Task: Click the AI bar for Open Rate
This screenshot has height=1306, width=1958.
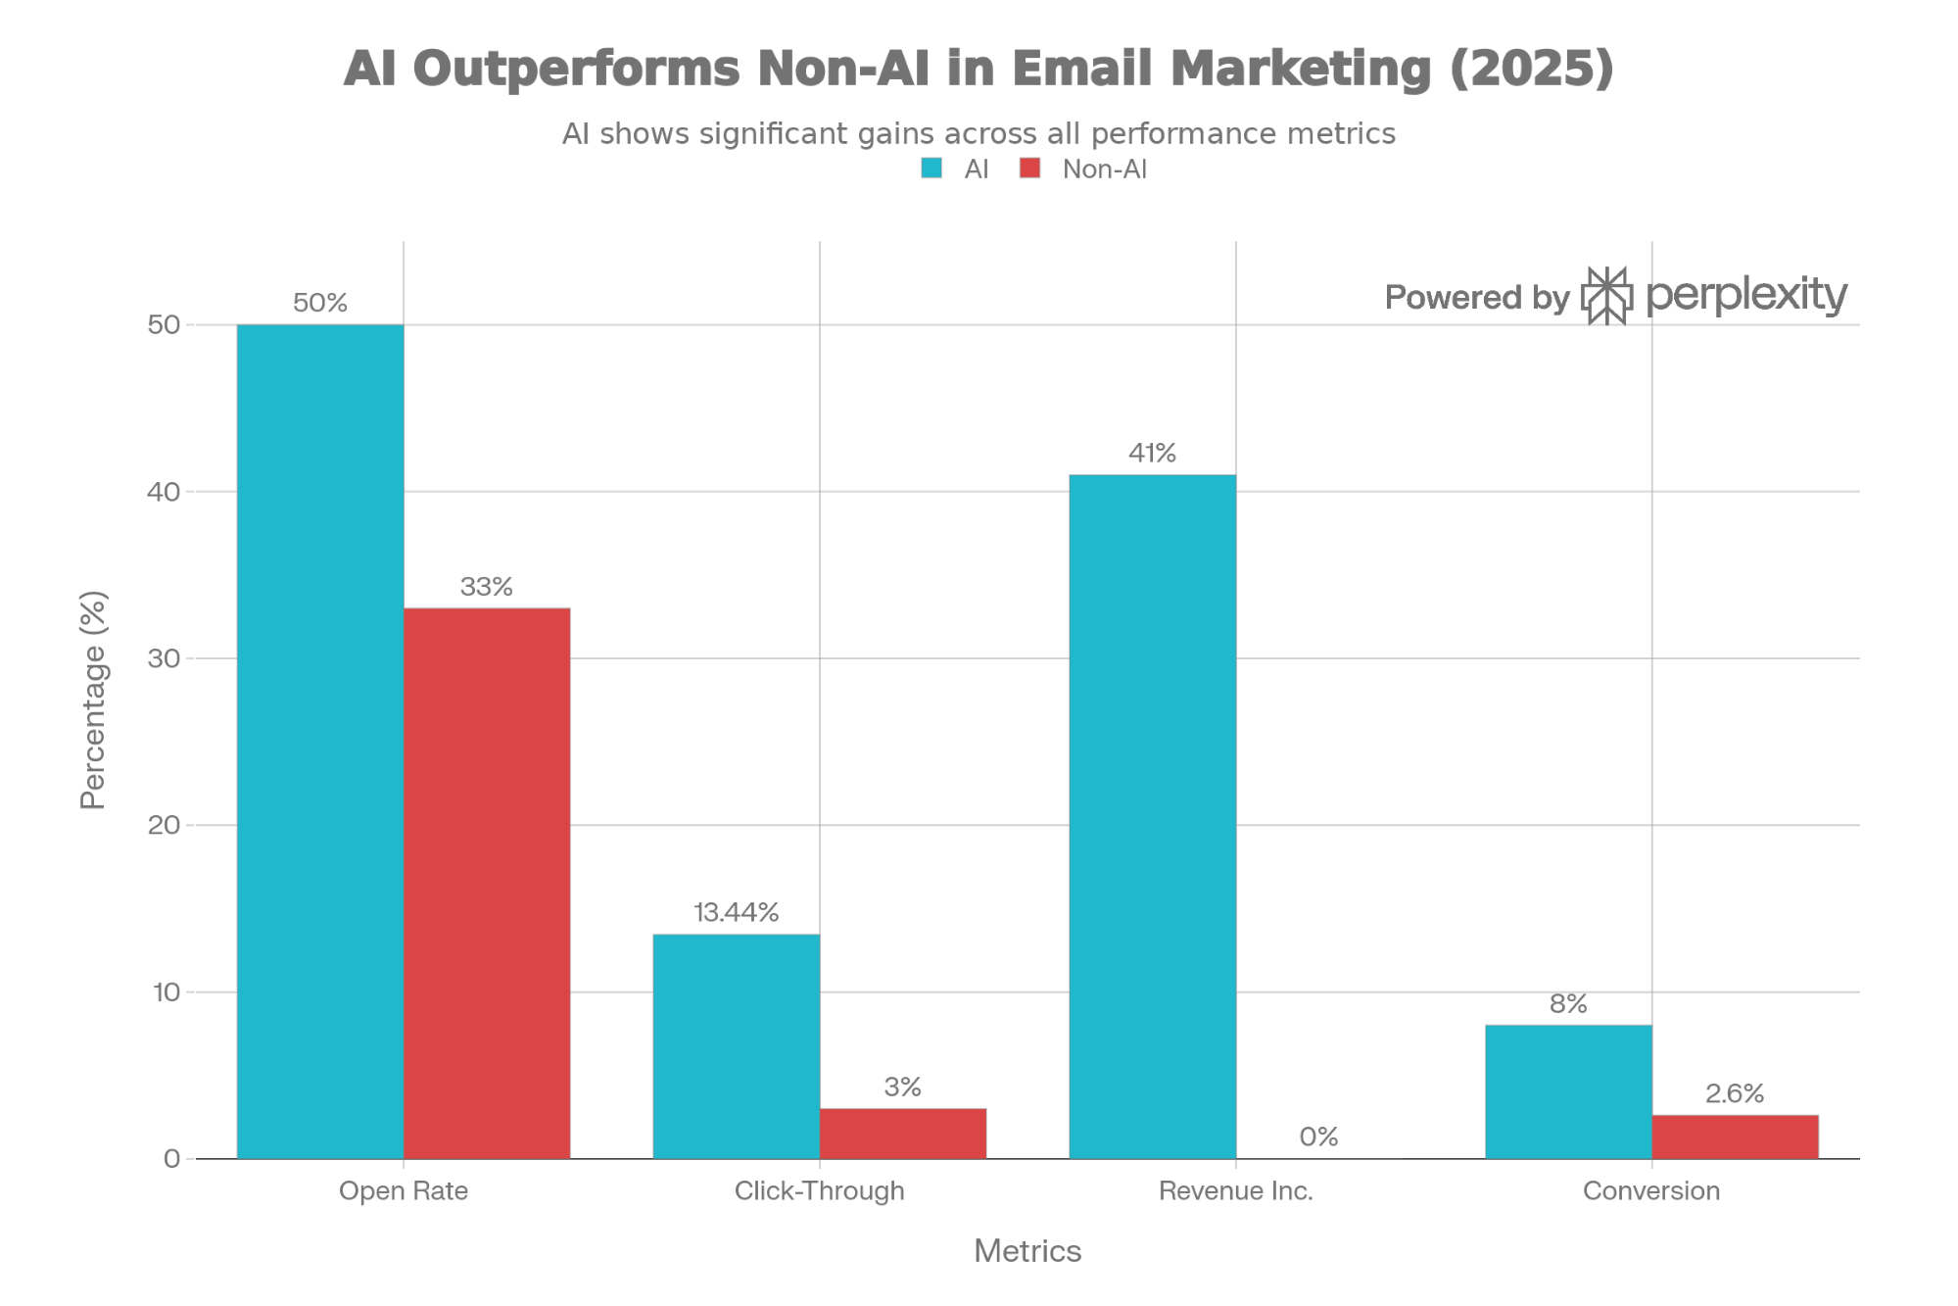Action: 320,742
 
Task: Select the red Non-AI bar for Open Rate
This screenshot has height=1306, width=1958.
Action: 487,883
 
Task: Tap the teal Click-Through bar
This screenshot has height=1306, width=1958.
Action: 736,1045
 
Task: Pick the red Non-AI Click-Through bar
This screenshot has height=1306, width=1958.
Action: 902,1133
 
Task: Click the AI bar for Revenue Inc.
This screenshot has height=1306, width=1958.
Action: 1152,816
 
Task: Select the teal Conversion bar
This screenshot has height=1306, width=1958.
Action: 1567,1091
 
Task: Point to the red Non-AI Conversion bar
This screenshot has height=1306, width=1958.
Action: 1735,1137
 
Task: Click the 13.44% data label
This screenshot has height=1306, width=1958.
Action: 736,912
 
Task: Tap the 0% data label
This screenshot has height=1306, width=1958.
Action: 1318,1137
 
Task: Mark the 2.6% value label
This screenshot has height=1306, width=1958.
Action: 1735,1093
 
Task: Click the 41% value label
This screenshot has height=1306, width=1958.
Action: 1152,453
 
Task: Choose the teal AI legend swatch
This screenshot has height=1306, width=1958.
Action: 931,169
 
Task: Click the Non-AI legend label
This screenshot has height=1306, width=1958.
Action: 1104,169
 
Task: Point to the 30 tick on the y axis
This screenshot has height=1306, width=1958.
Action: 164,658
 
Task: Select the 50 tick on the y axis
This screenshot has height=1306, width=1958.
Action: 164,325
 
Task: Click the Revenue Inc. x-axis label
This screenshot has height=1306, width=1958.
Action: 1235,1190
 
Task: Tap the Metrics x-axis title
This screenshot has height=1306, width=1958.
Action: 1027,1251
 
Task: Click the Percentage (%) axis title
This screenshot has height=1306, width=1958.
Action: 93,700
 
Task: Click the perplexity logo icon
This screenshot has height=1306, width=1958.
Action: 1606,295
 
